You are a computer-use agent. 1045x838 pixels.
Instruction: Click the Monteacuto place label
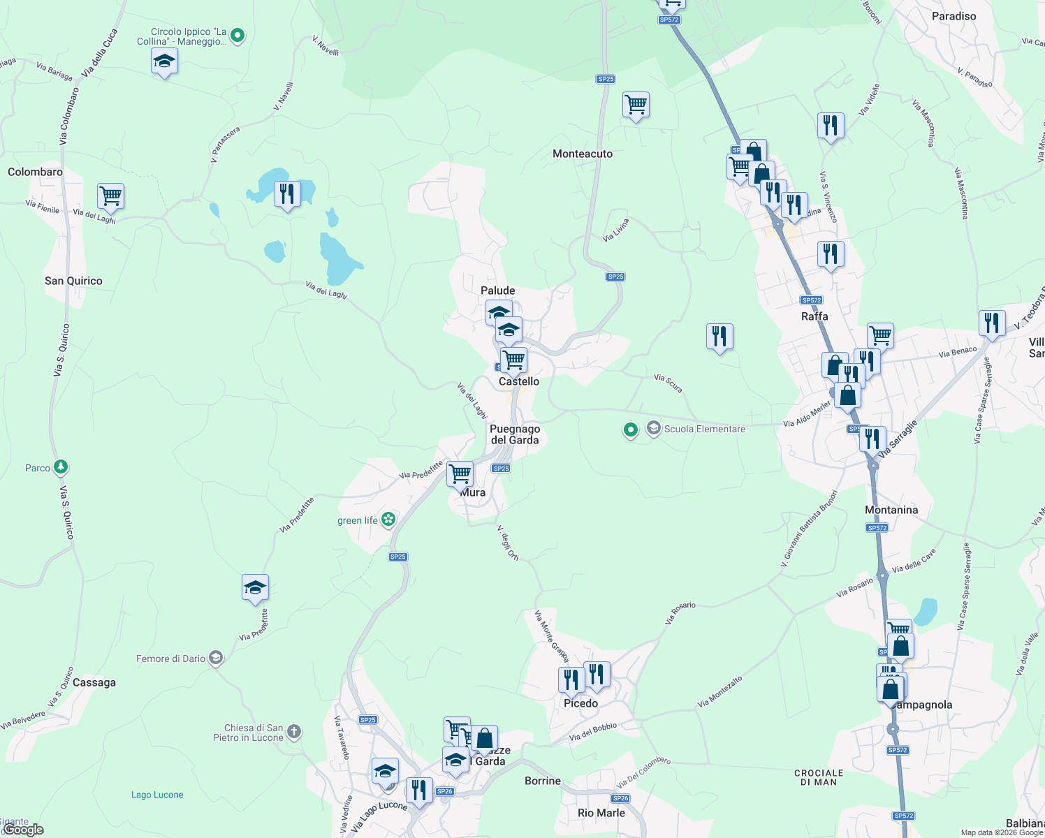(583, 154)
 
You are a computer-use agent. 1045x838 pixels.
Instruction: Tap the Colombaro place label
(35, 172)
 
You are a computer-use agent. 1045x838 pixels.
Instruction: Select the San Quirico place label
(73, 281)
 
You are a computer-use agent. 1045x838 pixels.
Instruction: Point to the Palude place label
(498, 291)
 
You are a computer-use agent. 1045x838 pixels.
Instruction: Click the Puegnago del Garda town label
(515, 434)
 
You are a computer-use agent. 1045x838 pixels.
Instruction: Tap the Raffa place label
(814, 316)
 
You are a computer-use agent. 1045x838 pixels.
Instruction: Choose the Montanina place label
(891, 510)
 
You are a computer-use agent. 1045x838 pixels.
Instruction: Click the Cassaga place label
(94, 682)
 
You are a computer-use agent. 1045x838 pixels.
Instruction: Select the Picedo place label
(580, 703)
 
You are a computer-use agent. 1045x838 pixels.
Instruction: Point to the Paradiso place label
(953, 16)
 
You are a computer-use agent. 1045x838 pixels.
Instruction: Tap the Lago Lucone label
(157, 795)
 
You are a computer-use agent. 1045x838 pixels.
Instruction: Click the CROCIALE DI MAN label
(819, 777)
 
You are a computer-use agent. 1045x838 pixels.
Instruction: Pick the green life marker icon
(388, 520)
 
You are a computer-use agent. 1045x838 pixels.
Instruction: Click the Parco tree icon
(61, 467)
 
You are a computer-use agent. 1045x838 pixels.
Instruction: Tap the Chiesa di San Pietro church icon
(294, 732)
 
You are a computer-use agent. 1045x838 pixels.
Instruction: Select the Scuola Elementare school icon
(653, 428)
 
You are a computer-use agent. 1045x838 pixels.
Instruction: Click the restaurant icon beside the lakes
(287, 193)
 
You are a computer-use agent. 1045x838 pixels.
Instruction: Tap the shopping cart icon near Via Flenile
(111, 196)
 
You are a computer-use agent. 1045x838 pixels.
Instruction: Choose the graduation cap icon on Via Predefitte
(255, 587)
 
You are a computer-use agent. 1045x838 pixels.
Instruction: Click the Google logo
(22, 829)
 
